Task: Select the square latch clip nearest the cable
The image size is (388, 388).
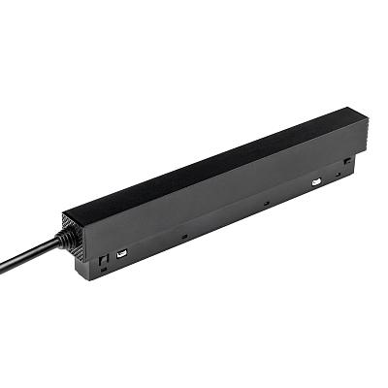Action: [x=103, y=260]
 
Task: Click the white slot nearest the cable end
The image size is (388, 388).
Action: [x=121, y=254]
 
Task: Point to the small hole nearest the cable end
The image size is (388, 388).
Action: [x=183, y=234]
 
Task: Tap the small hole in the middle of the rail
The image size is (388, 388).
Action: [x=265, y=203]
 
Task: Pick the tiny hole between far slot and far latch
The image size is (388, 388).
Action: [x=338, y=176]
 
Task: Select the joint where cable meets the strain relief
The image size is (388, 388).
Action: [x=54, y=242]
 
